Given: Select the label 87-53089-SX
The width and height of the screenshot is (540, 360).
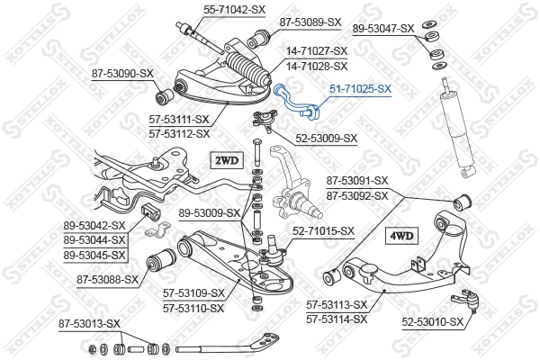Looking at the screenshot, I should tap(310, 22).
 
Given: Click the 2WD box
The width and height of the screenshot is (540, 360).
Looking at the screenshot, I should tap(226, 161).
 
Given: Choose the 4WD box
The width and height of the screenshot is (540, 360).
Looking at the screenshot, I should tap(400, 236).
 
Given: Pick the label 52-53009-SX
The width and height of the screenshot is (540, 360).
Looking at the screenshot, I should tap(327, 138).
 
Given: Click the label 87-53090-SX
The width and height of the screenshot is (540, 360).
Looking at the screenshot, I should tap(121, 72).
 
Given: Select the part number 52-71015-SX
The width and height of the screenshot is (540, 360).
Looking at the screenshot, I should tap(323, 231).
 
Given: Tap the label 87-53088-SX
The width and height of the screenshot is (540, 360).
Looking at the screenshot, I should tap(107, 279).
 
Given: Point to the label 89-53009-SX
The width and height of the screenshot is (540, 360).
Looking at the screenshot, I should tap(209, 213).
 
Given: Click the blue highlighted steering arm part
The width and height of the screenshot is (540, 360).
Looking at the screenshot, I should tap(296, 101).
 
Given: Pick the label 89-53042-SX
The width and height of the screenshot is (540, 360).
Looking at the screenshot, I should tap(94, 225).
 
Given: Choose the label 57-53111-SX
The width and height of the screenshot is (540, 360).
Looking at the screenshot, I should tap(178, 120).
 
